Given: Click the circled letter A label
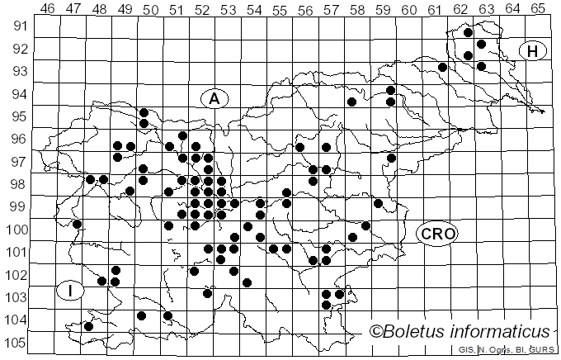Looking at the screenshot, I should pyautogui.click(x=214, y=98).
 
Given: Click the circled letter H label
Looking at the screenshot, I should pyautogui.click(x=533, y=51).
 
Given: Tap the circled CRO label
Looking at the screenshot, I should pyautogui.click(x=437, y=234).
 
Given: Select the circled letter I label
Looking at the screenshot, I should pyautogui.click(x=71, y=290).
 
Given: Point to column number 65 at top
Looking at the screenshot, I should pyautogui.click(x=538, y=9).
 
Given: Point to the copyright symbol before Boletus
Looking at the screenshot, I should pyautogui.click(x=375, y=332).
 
